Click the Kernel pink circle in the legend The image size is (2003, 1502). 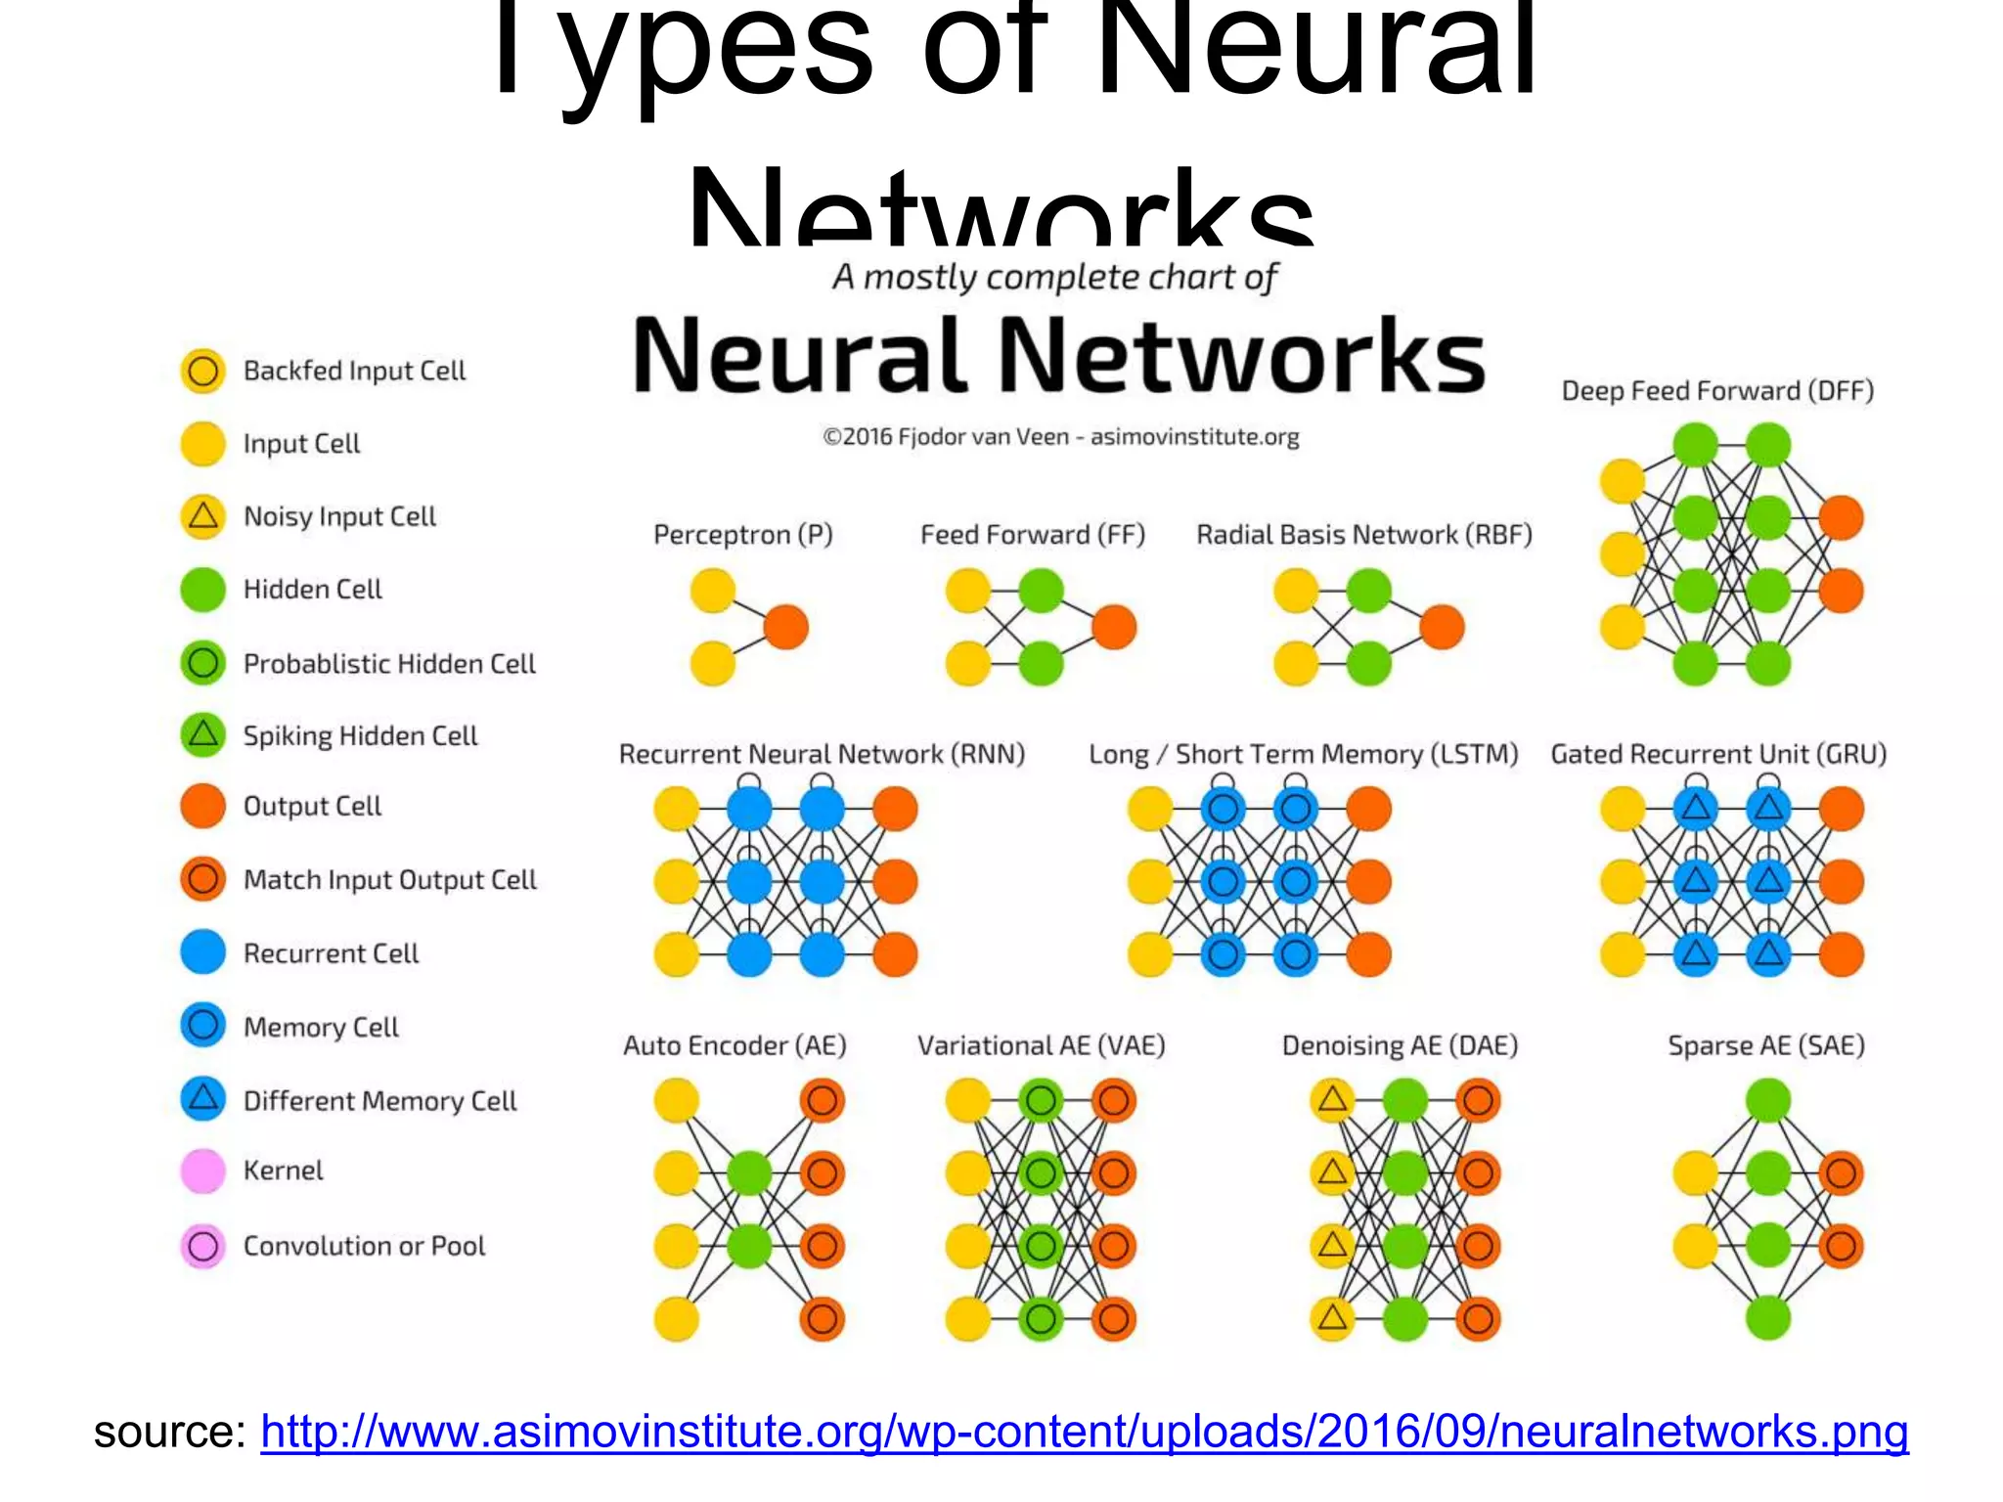(203, 1171)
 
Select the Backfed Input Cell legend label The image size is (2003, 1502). (354, 371)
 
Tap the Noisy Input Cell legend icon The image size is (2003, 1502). (203, 515)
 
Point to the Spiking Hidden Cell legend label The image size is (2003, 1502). (360, 735)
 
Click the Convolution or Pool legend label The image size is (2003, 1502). (364, 1246)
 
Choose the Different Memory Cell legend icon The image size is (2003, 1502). (203, 1099)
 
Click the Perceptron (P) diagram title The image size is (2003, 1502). (743, 535)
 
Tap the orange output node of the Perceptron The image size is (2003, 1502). (786, 627)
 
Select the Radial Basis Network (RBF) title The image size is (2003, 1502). (1364, 535)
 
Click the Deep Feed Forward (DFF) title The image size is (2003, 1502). (1717, 391)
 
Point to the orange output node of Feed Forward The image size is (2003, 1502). (1114, 627)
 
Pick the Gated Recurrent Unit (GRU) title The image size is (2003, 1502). (1718, 754)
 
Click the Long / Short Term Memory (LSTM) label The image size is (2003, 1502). (1304, 754)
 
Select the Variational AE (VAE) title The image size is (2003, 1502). (1041, 1045)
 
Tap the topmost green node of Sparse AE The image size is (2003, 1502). (1768, 1100)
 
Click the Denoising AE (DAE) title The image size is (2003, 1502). (1400, 1045)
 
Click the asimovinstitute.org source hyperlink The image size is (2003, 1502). (1084, 1432)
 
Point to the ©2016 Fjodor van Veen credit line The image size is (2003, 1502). (1060, 437)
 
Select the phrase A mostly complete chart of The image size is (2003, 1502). (1054, 278)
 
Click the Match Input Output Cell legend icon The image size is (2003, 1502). (203, 879)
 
